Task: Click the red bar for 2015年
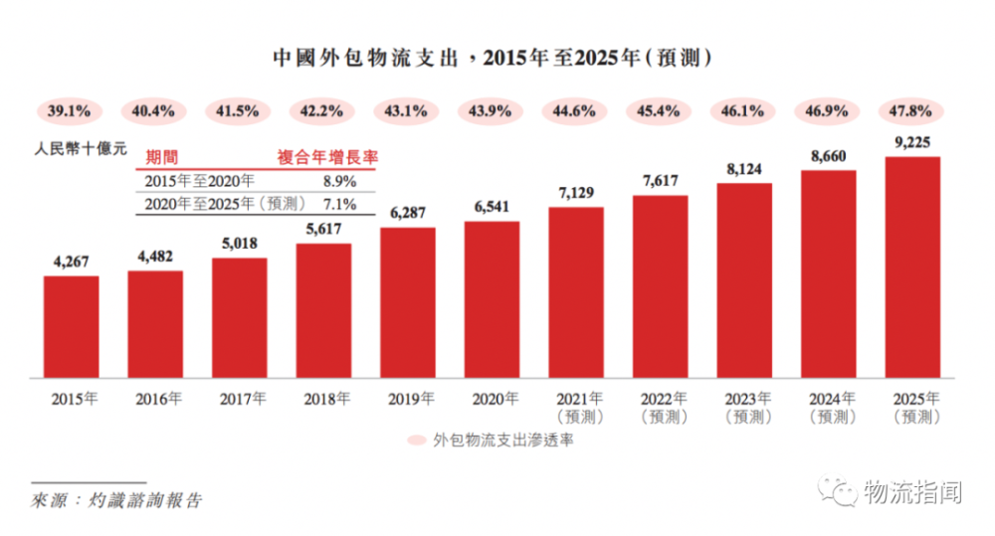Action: [71, 327]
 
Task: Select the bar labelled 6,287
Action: [408, 303]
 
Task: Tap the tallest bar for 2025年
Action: [912, 268]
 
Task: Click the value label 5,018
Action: [239, 245]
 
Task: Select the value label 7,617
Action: [660, 181]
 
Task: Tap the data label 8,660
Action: [828, 156]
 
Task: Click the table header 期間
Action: [161, 157]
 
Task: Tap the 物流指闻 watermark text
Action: [911, 490]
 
